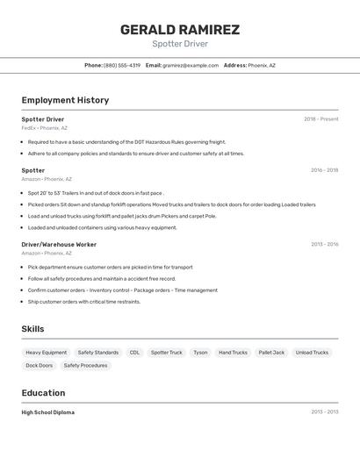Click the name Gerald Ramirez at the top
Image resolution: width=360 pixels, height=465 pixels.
pos(180,30)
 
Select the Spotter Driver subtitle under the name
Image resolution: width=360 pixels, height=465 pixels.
pos(180,44)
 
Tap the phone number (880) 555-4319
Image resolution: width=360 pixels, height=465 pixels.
pos(122,65)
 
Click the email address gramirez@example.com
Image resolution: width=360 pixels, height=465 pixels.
pos(191,65)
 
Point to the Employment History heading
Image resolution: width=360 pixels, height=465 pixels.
pos(65,100)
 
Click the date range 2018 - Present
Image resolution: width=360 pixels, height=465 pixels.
pos(320,119)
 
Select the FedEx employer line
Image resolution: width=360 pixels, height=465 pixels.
pos(45,128)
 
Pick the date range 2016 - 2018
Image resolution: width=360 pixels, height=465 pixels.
pos(324,170)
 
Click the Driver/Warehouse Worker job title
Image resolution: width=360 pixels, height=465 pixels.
pos(59,244)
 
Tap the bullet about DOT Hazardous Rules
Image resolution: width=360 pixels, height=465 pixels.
pos(126,141)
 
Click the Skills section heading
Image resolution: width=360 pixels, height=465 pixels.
pos(33,329)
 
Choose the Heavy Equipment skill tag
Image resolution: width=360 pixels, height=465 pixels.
pos(47,353)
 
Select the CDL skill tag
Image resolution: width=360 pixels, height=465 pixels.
pos(134,353)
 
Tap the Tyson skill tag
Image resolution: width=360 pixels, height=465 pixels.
pos(200,353)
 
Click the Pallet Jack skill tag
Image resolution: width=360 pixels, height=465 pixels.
pos(271,353)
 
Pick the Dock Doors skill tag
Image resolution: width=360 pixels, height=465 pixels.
pos(39,365)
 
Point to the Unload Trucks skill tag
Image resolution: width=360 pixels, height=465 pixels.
pos(312,353)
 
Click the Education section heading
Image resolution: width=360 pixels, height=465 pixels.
pos(43,393)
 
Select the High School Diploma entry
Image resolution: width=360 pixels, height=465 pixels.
pos(48,412)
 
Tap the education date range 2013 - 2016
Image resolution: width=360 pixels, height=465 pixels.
pos(324,412)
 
